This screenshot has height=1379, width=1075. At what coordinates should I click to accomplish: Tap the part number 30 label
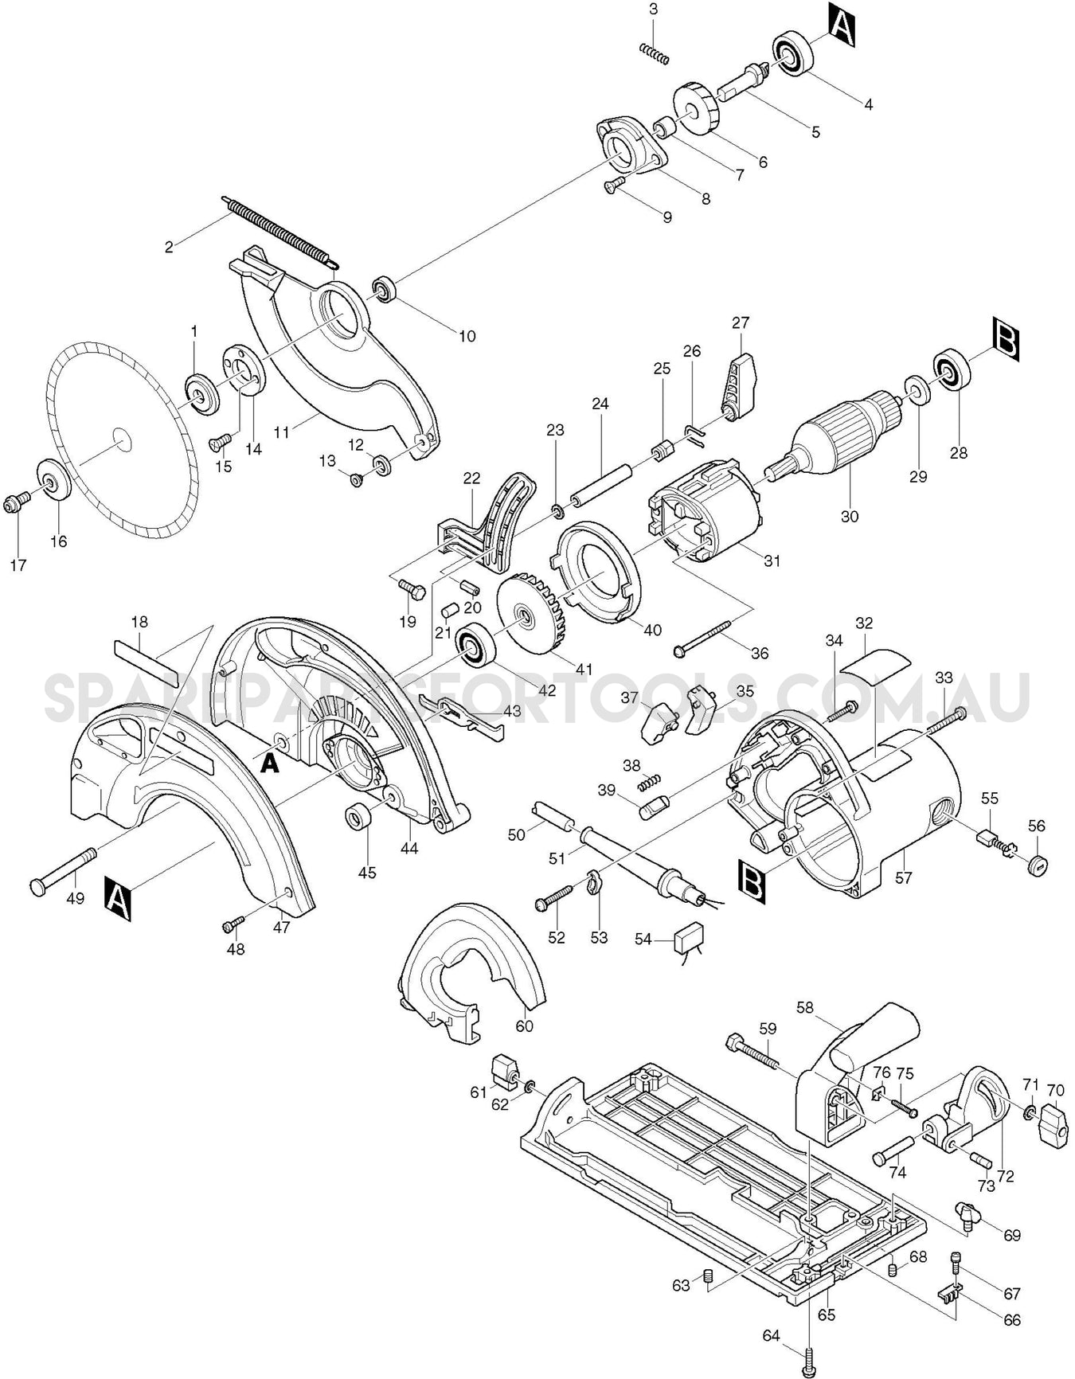[850, 517]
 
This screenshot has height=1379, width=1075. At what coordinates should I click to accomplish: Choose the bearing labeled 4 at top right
[791, 55]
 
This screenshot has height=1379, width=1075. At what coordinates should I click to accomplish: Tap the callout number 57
[903, 877]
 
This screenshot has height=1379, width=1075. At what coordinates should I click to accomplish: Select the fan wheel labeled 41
[529, 614]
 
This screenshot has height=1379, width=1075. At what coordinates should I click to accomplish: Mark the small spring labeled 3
[655, 53]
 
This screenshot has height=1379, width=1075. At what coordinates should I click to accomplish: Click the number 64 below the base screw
[771, 1335]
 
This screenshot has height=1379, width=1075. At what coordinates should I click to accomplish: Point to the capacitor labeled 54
[689, 940]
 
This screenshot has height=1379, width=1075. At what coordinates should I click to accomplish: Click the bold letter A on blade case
[271, 764]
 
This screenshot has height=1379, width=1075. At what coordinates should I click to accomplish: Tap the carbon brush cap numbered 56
[1036, 865]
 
